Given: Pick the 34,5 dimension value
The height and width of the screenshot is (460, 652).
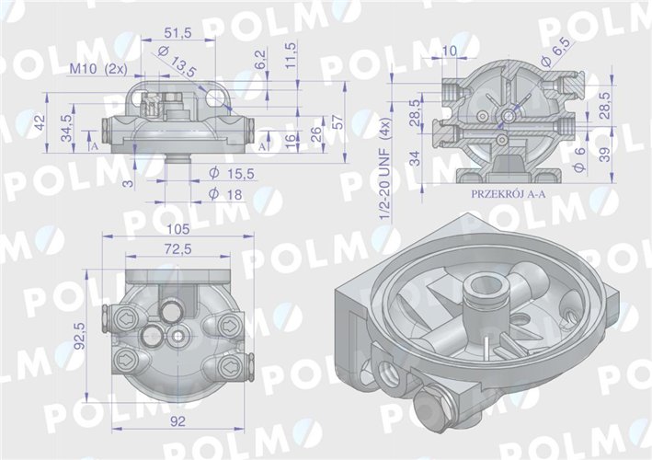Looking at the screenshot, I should click(x=65, y=125).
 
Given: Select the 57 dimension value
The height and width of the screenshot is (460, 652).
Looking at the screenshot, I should click(x=337, y=122).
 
